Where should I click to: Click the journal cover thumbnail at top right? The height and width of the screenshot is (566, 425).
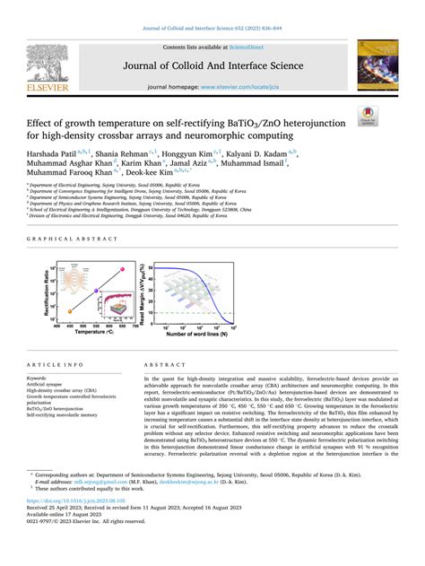[378, 67]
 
